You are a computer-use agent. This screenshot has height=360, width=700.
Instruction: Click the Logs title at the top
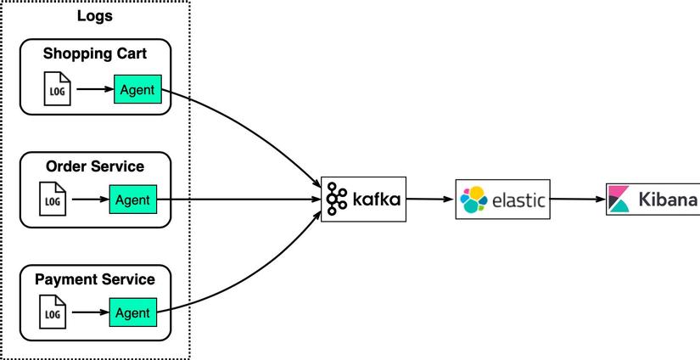click(x=95, y=16)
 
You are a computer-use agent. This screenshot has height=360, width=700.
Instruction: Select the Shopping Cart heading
click(x=95, y=53)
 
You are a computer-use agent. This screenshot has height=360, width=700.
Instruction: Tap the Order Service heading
click(x=95, y=166)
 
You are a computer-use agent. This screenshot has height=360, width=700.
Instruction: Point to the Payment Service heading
click(x=95, y=279)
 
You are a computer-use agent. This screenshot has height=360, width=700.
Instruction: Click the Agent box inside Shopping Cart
click(x=137, y=89)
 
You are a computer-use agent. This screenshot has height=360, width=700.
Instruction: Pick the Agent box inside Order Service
click(x=133, y=200)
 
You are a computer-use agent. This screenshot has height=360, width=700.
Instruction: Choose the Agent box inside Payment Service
click(x=133, y=313)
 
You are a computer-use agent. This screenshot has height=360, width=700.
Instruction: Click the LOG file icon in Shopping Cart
click(x=58, y=89)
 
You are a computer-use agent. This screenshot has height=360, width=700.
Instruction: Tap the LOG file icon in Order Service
click(x=53, y=200)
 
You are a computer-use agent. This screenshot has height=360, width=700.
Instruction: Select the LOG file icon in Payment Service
click(x=53, y=313)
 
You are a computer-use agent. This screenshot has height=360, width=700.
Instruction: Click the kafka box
click(x=363, y=200)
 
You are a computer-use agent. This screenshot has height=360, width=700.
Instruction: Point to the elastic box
click(x=502, y=200)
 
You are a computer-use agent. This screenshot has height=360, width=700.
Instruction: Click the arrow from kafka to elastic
click(x=430, y=200)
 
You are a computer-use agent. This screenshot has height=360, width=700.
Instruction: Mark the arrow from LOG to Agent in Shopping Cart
click(x=93, y=88)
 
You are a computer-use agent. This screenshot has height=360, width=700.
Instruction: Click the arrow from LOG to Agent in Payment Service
click(x=90, y=313)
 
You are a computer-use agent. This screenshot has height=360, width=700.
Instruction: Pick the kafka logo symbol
click(x=337, y=199)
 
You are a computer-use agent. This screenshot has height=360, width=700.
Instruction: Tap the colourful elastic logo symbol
click(x=473, y=200)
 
